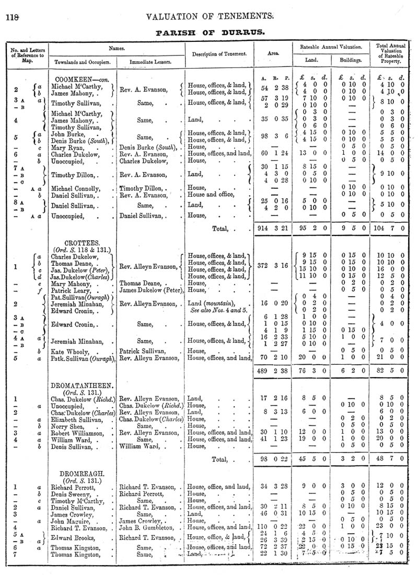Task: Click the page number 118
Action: (x=12, y=17)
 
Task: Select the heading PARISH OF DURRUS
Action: (x=210, y=32)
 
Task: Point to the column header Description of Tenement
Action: (x=219, y=54)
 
